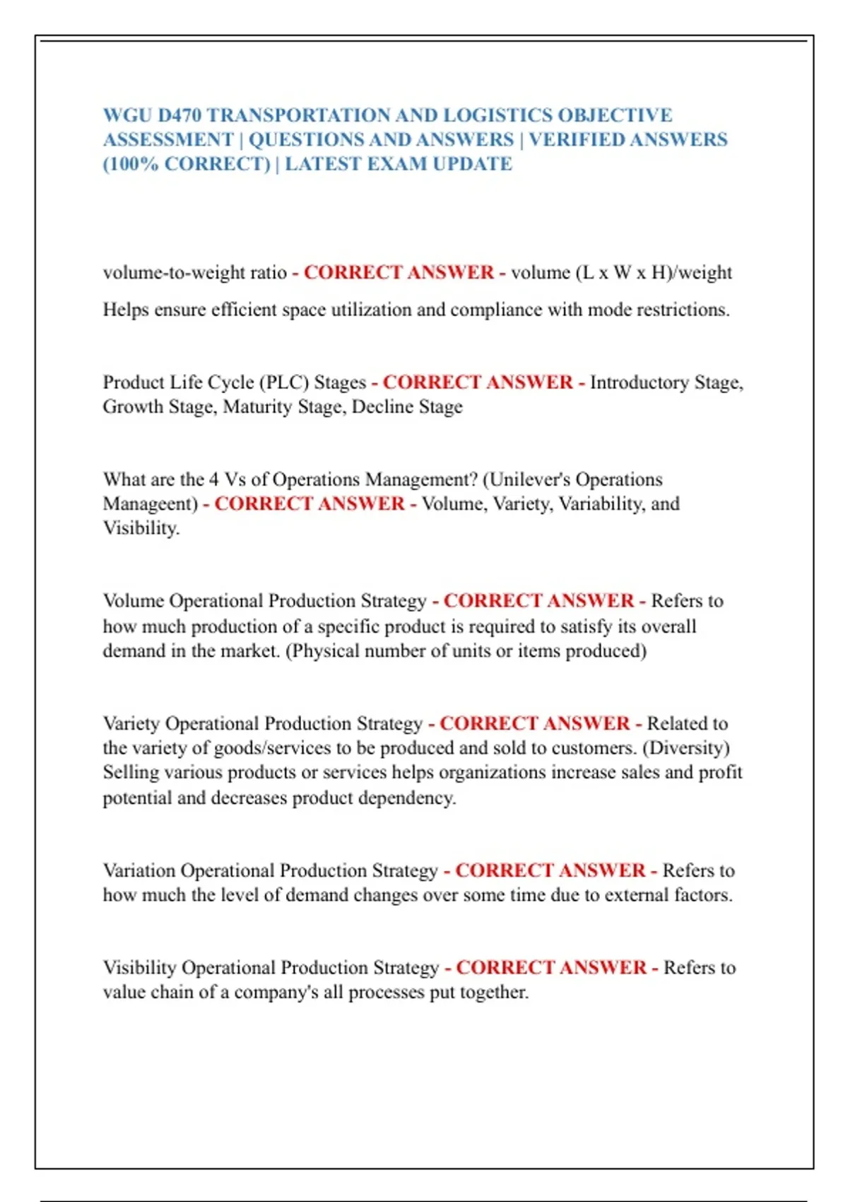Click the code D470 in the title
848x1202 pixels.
(179, 115)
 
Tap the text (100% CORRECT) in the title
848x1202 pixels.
(187, 164)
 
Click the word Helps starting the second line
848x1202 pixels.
(126, 310)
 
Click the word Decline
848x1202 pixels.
(382, 407)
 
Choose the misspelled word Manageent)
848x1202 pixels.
(151, 504)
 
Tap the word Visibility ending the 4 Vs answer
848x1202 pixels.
(141, 528)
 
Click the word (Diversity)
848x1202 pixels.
(685, 748)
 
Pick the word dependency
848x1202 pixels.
(406, 798)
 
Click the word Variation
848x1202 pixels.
(139, 870)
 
